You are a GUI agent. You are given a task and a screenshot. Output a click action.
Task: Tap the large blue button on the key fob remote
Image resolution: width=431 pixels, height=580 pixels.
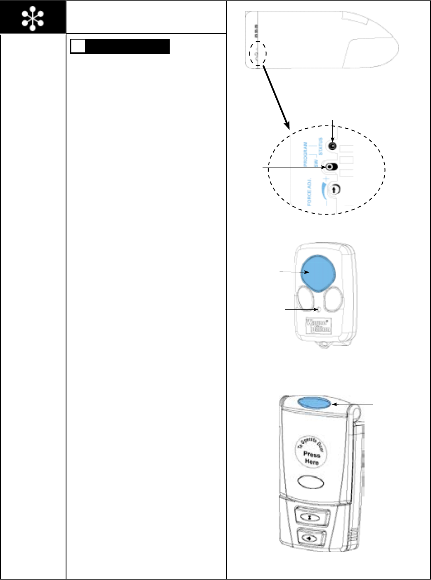[x=317, y=272]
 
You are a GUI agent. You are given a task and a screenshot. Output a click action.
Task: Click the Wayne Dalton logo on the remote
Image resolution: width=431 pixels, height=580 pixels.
[x=318, y=326]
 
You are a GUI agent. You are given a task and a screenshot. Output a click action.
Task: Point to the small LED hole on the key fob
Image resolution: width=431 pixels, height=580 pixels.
[x=316, y=309]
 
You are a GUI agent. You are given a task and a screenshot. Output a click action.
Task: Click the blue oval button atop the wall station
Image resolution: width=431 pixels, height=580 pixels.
[x=314, y=403]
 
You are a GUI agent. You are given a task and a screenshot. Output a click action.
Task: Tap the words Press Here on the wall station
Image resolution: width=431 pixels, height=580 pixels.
[x=312, y=458]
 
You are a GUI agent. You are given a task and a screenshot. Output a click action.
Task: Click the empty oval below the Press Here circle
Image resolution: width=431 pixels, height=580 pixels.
[x=310, y=482]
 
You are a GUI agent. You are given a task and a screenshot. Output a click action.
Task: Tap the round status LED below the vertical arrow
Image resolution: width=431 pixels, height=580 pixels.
[x=333, y=146]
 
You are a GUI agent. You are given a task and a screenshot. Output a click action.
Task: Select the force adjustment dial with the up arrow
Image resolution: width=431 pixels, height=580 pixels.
[x=335, y=189]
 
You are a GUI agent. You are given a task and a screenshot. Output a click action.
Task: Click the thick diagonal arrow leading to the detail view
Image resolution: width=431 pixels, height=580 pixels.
[x=276, y=97]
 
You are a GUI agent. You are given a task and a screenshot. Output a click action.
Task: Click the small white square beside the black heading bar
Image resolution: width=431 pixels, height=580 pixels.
[x=78, y=47]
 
